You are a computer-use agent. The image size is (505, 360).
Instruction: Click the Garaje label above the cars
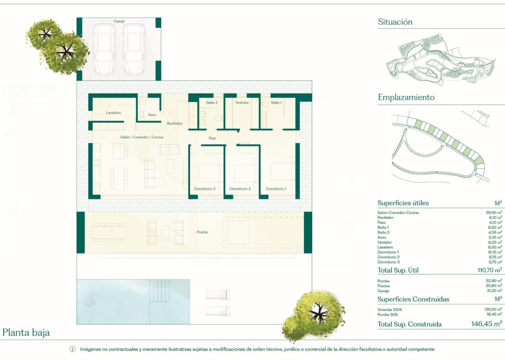(x=119, y=21)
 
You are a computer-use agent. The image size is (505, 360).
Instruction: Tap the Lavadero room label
(x=113, y=113)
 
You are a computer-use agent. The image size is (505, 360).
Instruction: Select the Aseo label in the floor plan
(x=152, y=115)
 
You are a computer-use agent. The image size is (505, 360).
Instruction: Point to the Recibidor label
(x=175, y=123)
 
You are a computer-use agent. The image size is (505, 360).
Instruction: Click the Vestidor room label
(x=242, y=103)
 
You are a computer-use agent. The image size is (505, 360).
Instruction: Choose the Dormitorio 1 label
(x=276, y=189)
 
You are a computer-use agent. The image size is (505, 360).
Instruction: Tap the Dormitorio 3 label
(x=205, y=189)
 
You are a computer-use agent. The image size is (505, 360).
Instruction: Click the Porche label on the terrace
(x=202, y=232)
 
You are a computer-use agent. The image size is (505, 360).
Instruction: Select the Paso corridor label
(x=212, y=138)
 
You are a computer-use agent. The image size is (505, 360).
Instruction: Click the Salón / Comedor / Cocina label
(x=142, y=137)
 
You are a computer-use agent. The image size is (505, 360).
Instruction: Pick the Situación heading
(x=395, y=22)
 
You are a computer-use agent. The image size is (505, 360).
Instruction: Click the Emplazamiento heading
(x=406, y=98)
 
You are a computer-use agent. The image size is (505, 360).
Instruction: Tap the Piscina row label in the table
(x=383, y=286)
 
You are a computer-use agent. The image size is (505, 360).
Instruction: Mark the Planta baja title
(x=26, y=332)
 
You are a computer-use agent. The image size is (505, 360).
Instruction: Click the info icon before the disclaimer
(x=72, y=350)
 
